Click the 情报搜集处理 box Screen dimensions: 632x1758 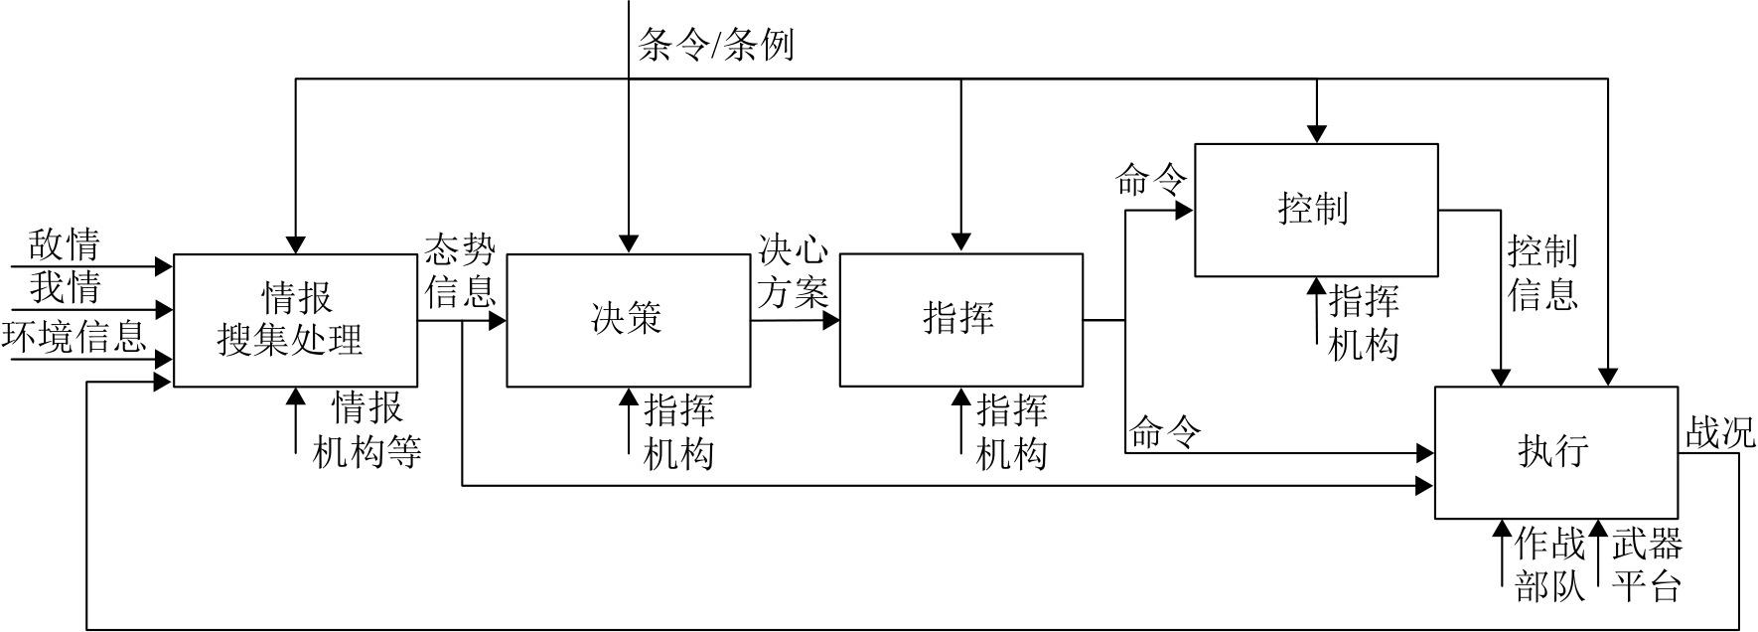point(295,320)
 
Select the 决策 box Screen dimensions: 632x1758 point(628,320)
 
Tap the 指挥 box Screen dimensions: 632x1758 point(960,320)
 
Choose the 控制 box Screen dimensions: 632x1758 point(1316,210)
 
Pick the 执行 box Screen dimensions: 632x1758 point(1555,452)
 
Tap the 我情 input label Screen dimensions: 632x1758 point(65,288)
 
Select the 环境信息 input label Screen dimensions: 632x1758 point(74,336)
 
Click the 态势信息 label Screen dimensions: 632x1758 point(460,270)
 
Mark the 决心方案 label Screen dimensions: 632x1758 point(793,270)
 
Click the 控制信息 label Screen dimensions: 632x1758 point(1542,273)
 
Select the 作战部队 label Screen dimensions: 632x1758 point(1549,565)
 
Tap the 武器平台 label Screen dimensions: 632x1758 point(1647,565)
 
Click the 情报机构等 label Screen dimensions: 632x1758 point(367,429)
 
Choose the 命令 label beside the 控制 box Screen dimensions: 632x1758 point(1151,181)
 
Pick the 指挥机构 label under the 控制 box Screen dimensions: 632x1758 point(1364,322)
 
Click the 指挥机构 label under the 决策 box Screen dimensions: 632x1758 point(679,432)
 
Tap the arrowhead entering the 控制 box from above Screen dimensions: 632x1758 point(1316,133)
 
